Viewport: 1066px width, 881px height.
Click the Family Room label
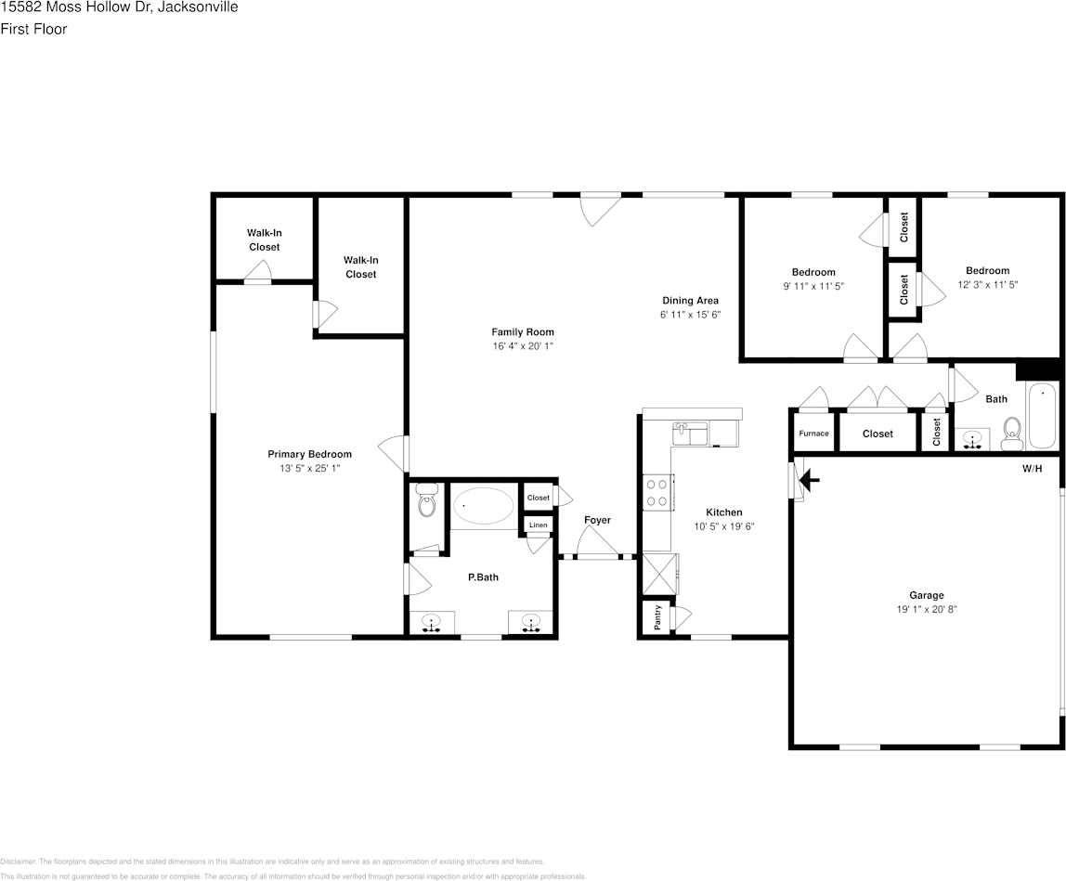pos(522,331)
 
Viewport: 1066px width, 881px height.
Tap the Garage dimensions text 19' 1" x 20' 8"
pos(926,610)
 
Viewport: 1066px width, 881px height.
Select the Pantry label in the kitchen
pos(657,616)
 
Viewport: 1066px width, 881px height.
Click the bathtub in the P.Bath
pos(483,507)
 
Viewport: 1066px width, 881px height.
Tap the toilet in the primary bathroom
pos(426,501)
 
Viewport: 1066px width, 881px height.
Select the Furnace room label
pos(813,434)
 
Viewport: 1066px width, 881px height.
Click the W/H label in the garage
pos(1032,469)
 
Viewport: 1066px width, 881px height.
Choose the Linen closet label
pos(538,525)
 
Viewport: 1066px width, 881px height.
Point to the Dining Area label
pos(690,300)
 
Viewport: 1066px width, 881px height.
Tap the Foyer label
pos(597,520)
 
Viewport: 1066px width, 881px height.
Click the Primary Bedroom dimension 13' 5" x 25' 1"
pos(309,469)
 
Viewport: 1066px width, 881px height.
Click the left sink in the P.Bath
pos(431,622)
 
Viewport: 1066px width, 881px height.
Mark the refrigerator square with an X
pos(659,574)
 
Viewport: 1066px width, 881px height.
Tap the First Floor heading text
pos(33,29)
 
